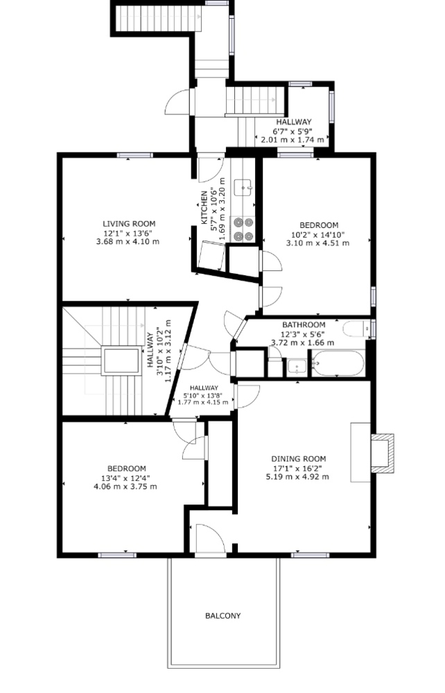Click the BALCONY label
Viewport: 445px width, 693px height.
pyautogui.click(x=222, y=615)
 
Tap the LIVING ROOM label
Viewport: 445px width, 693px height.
pyautogui.click(x=129, y=224)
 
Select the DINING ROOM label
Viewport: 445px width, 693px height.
pyautogui.click(x=298, y=459)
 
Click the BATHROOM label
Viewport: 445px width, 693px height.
pyautogui.click(x=304, y=324)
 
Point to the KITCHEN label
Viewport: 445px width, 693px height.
pyautogui.click(x=204, y=207)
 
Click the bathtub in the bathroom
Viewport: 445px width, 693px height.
pyautogui.click(x=338, y=363)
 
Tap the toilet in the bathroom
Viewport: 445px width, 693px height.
pyautogui.click(x=356, y=328)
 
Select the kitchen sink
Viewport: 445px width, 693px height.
pyautogui.click(x=243, y=188)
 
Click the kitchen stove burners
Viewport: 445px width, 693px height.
pyautogui.click(x=243, y=229)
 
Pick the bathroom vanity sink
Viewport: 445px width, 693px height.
pyautogui.click(x=296, y=367)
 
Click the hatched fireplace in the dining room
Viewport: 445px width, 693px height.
pyautogui.click(x=383, y=453)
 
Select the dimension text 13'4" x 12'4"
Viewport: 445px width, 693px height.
pyautogui.click(x=126, y=477)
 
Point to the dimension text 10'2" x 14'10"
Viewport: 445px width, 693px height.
pyautogui.click(x=318, y=234)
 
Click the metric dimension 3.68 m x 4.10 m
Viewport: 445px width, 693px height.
pyautogui.click(x=128, y=242)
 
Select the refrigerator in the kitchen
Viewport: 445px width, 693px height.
pyautogui.click(x=211, y=255)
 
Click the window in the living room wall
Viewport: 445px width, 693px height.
pyautogui.click(x=134, y=155)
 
